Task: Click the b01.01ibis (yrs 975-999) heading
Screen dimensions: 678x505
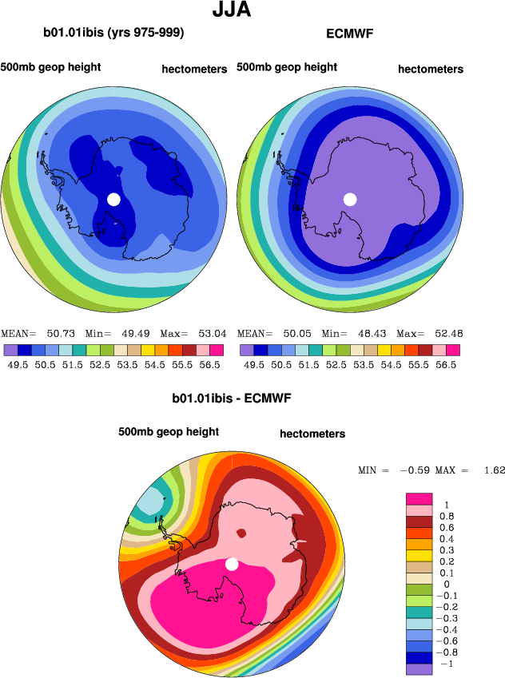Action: click(x=113, y=33)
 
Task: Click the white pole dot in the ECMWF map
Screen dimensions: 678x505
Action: click(x=349, y=199)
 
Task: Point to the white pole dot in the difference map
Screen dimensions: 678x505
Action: click(x=232, y=564)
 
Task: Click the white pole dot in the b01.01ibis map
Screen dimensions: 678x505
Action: click(x=113, y=199)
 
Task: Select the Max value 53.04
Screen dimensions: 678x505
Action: click(x=210, y=334)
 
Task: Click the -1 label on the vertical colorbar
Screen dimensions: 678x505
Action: click(x=447, y=664)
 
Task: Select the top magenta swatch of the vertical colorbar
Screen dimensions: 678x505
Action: click(x=420, y=498)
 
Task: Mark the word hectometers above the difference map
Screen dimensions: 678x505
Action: click(x=312, y=434)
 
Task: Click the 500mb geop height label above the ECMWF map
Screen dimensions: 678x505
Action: click(x=287, y=67)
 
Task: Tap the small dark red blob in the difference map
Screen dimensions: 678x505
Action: click(x=242, y=533)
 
